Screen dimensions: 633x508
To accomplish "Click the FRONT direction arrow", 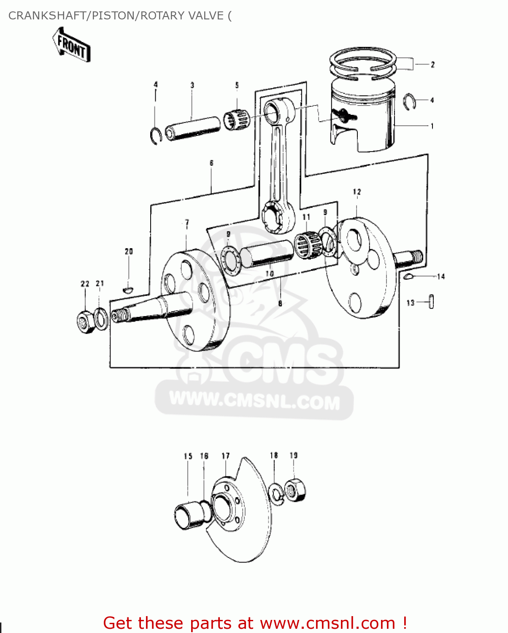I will click(x=71, y=46).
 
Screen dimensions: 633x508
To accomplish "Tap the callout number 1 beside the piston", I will click(x=432, y=126).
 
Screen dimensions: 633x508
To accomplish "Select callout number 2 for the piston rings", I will click(x=432, y=65).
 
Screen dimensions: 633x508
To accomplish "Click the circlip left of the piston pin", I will click(x=156, y=135).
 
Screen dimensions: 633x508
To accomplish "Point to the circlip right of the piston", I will click(x=409, y=102).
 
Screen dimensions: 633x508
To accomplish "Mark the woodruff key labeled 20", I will click(x=128, y=290).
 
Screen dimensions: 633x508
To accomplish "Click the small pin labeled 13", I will click(x=431, y=302).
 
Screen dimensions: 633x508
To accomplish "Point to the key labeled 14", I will click(x=408, y=277).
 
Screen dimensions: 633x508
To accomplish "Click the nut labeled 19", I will click(x=295, y=490).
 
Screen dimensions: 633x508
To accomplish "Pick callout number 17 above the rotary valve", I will click(x=226, y=456).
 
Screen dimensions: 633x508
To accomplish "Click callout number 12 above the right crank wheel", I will click(x=357, y=192).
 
